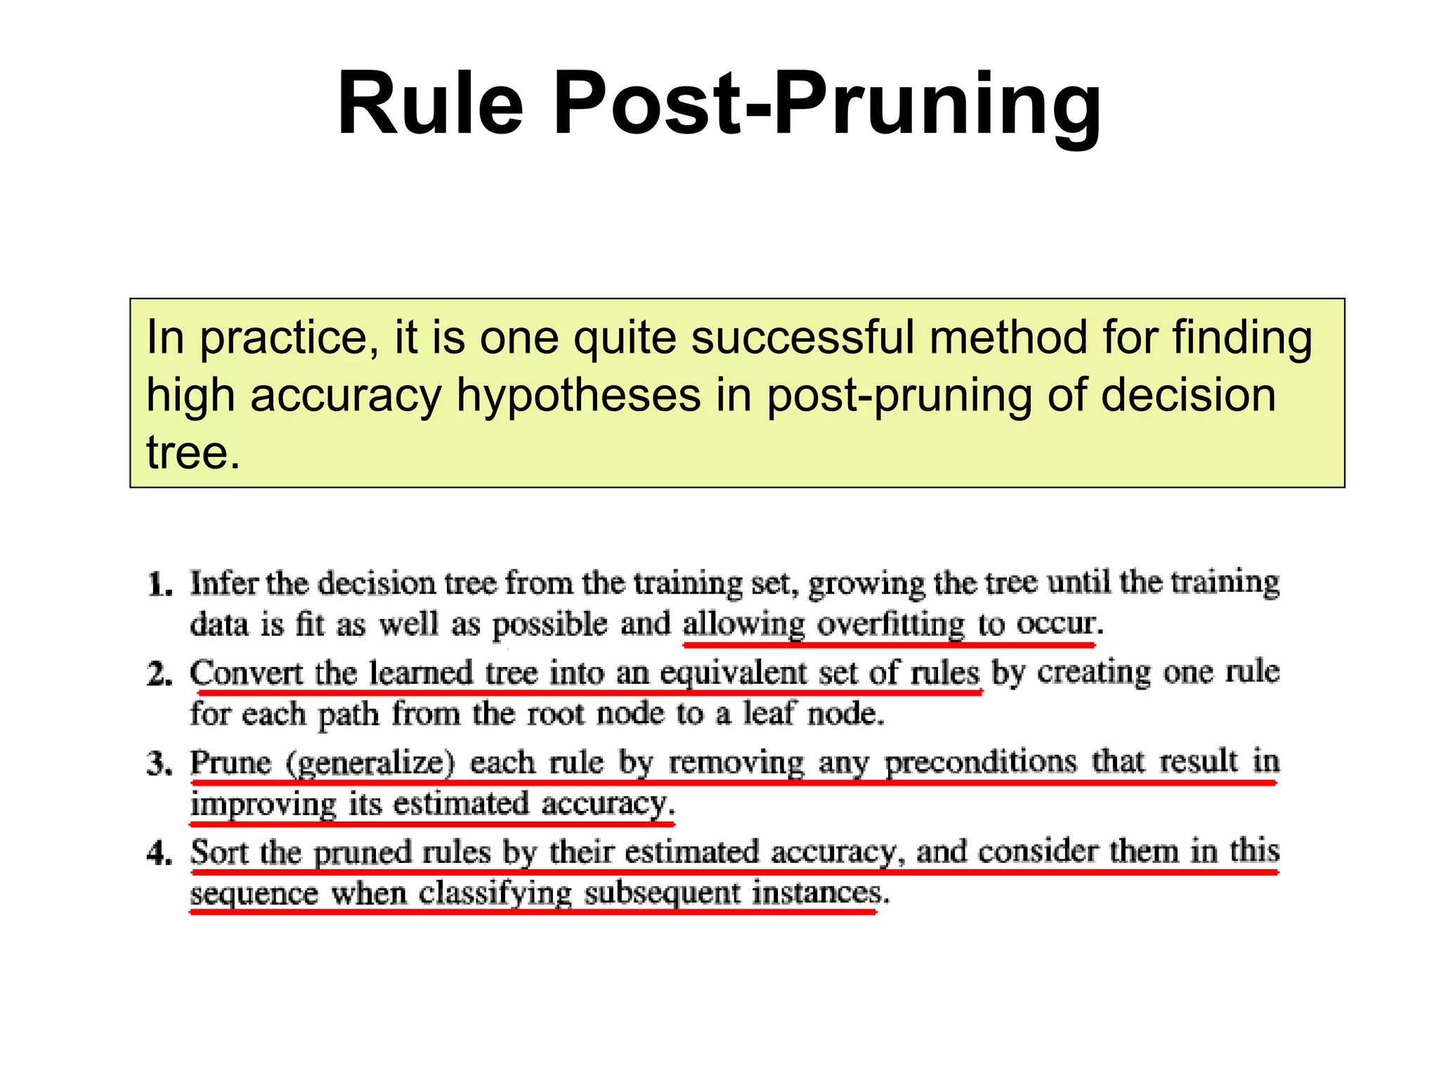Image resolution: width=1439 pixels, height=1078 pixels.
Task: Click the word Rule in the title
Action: click(430, 104)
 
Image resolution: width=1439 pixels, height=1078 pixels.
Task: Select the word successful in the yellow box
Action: click(802, 338)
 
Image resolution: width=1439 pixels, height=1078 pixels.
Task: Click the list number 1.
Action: click(159, 585)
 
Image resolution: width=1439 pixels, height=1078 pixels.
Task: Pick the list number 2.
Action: click(159, 675)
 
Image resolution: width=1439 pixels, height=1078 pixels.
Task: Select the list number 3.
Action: click(159, 764)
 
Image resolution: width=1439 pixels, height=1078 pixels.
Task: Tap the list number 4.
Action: click(159, 853)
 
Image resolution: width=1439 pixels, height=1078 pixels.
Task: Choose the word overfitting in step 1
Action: click(891, 625)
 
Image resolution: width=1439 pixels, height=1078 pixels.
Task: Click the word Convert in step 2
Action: click(246, 673)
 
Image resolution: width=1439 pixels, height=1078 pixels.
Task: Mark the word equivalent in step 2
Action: click(733, 674)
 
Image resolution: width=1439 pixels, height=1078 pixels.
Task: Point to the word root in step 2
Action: click(555, 714)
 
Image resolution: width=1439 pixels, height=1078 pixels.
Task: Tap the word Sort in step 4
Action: click(219, 852)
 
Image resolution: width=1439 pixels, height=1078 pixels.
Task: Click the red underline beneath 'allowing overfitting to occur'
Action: click(889, 644)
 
